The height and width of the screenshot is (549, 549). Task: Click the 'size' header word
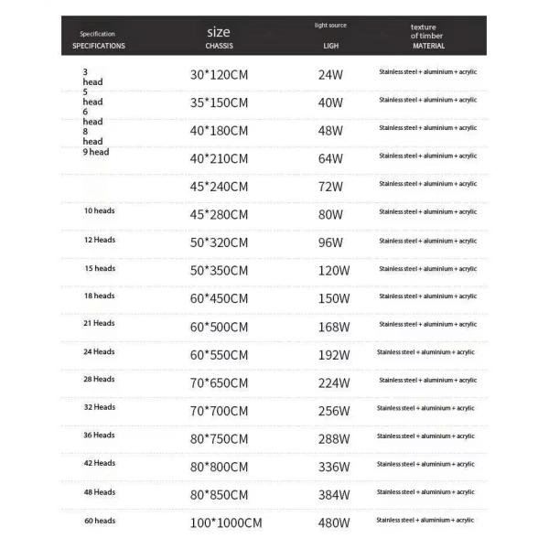tap(219, 31)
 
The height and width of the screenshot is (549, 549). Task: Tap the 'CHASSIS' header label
tap(219, 45)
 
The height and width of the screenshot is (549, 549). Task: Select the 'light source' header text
tap(330, 25)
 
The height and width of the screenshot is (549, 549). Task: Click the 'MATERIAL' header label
tap(428, 45)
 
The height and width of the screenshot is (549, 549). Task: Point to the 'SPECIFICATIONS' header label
tap(99, 45)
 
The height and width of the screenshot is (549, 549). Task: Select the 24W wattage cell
tap(330, 72)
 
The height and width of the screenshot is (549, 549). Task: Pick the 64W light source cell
tap(330, 158)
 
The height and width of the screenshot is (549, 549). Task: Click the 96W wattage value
tap(330, 242)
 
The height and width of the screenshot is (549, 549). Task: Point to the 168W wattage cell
tap(332, 327)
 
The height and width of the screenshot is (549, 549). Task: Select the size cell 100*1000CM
tap(224, 523)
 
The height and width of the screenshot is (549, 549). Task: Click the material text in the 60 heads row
tap(425, 520)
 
